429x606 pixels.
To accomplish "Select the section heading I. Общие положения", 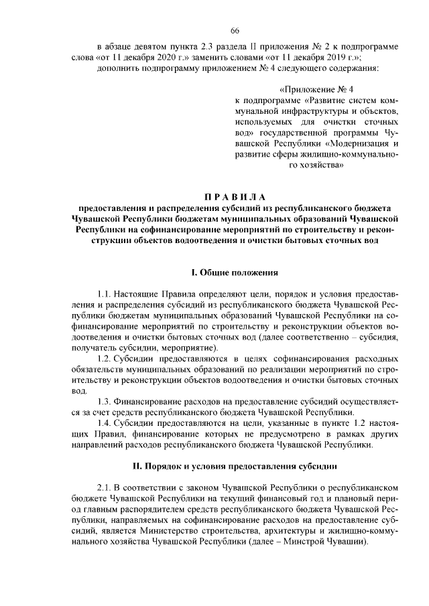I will (x=235, y=272).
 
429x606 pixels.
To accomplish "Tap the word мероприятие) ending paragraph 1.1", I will (x=192, y=348).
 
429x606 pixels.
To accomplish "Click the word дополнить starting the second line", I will (x=120, y=68).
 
